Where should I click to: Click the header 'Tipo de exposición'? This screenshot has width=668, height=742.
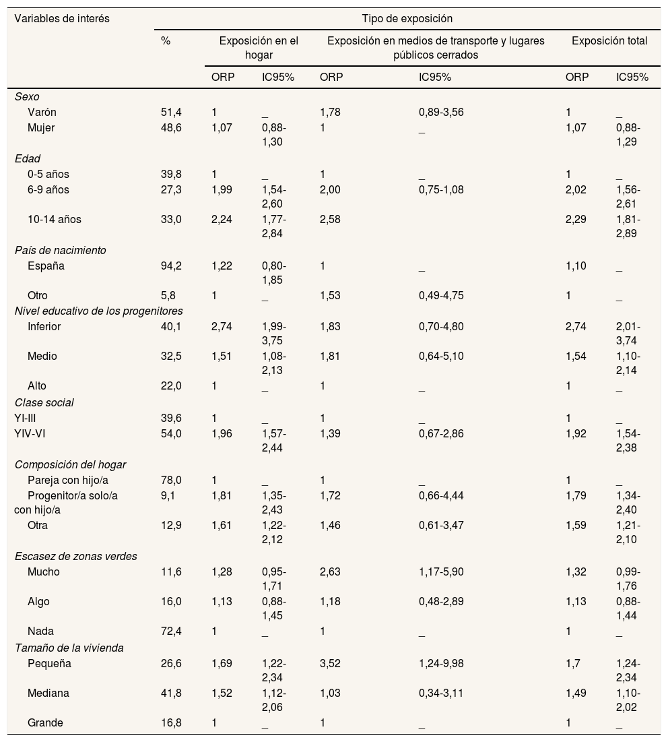[x=407, y=19]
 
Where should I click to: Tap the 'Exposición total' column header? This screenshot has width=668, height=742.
[x=609, y=41]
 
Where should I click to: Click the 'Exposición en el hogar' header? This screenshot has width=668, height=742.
[x=259, y=48]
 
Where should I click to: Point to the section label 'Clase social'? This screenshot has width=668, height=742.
[x=44, y=402]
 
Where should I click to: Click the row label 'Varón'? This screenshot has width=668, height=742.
[x=42, y=112]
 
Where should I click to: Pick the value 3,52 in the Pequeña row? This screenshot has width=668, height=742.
[x=330, y=663]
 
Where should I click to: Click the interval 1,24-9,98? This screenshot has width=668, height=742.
[x=441, y=663]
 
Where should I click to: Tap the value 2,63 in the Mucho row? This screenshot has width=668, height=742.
[x=330, y=571]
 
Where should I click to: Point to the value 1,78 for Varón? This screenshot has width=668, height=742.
[x=330, y=112]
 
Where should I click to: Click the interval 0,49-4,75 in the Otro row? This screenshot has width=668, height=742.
[x=441, y=295]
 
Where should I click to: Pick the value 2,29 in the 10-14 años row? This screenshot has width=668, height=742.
[x=576, y=219]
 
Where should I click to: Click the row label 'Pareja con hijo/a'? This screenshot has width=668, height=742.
[x=66, y=480]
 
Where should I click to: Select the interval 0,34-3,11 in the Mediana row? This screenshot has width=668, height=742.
[x=441, y=693]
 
